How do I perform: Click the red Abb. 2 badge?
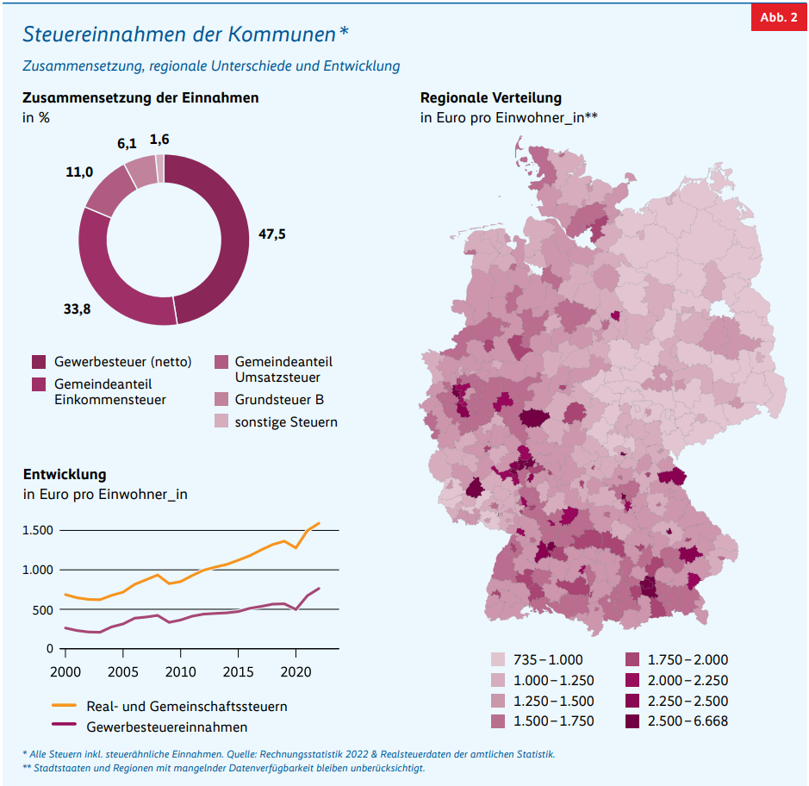[779, 18]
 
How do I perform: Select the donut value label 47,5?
[271, 234]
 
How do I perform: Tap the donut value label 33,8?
[77, 308]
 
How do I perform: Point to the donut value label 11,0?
[79, 172]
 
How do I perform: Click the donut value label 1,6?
[159, 139]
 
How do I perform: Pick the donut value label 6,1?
[127, 144]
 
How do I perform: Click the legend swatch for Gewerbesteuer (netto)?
[38, 362]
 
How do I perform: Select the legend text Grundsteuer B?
[279, 400]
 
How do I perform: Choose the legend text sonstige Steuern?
[286, 422]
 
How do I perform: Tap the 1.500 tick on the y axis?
[38, 530]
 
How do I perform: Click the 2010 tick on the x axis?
[179, 671]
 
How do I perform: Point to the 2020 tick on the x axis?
[296, 671]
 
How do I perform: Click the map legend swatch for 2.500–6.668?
[634, 720]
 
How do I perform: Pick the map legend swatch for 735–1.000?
[499, 659]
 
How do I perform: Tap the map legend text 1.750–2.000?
[688, 659]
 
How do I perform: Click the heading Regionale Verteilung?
[490, 98]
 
